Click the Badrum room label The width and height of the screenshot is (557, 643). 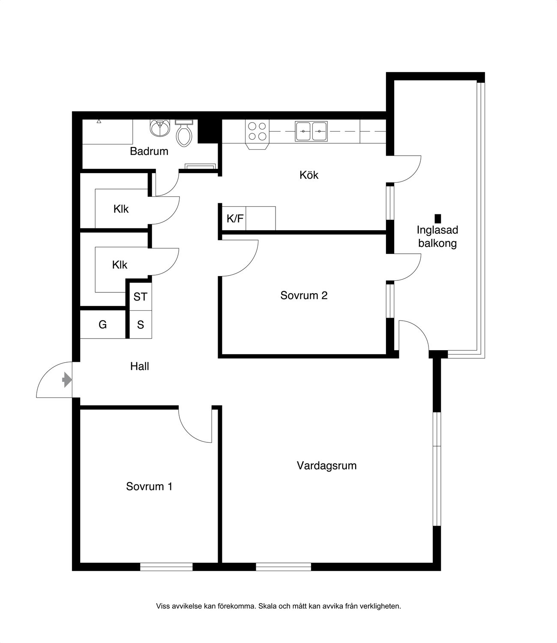tap(149, 151)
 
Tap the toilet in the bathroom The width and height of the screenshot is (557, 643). tap(184, 133)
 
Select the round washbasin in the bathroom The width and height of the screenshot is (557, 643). tap(160, 128)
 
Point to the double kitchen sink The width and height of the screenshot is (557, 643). tap(311, 131)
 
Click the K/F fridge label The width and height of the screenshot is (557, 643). tap(235, 219)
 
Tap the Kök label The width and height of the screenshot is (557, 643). tap(309, 175)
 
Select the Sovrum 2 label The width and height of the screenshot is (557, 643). tap(304, 295)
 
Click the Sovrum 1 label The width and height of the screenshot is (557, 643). tap(149, 486)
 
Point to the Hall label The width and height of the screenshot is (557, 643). tap(140, 367)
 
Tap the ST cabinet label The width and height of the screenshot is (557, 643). tap(140, 297)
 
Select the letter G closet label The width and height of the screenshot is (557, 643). tap(103, 325)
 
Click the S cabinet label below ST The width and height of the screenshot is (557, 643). tap(141, 325)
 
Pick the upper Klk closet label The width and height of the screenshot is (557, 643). tap(121, 209)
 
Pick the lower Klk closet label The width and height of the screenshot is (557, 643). tap(120, 265)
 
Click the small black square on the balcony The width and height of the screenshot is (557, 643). tap(437, 219)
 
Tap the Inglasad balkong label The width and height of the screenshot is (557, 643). tap(437, 237)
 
